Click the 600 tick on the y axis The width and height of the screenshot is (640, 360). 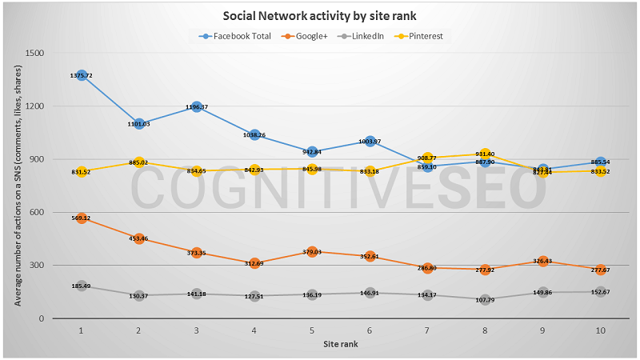pyautogui.click(x=35, y=212)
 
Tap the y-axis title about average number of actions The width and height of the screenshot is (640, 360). pyautogui.click(x=17, y=186)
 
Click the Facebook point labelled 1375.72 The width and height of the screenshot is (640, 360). pyautogui.click(x=82, y=75)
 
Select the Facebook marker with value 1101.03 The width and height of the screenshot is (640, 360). pyautogui.click(x=139, y=124)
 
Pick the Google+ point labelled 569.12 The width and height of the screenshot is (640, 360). pyautogui.click(x=82, y=218)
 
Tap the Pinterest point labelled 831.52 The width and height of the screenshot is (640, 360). pyautogui.click(x=82, y=171)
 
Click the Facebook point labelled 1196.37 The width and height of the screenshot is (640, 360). pyautogui.click(x=197, y=107)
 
